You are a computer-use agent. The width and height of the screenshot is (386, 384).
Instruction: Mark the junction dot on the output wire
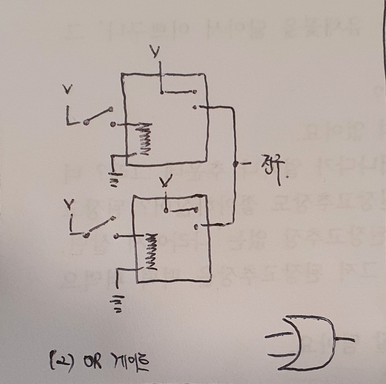pyautogui.click(x=235, y=164)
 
